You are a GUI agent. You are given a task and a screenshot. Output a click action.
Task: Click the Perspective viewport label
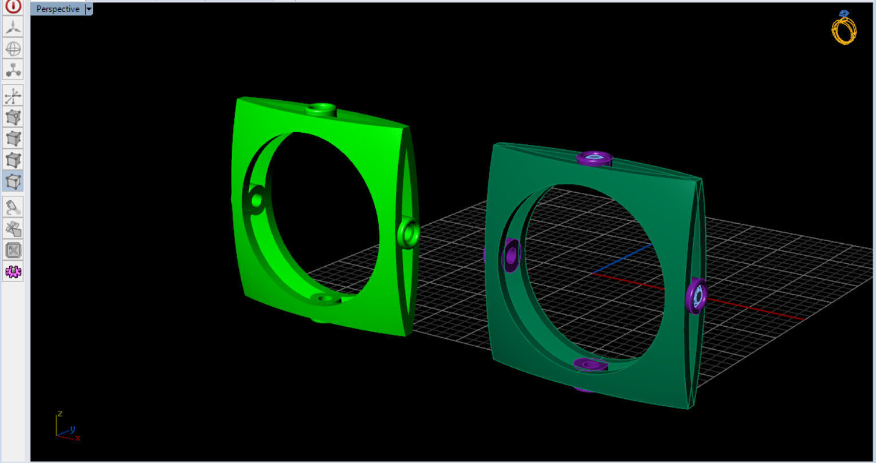(x=57, y=9)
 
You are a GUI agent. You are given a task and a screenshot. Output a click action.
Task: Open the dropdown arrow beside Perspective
(x=89, y=9)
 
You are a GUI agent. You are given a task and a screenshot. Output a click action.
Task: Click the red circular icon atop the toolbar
(x=13, y=6)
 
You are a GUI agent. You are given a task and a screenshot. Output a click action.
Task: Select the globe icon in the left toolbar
(x=13, y=49)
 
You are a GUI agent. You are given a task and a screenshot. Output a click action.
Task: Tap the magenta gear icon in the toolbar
(x=13, y=271)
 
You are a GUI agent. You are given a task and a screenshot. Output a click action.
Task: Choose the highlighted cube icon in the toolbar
(x=13, y=181)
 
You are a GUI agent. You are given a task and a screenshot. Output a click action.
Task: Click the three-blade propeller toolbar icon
(x=13, y=26)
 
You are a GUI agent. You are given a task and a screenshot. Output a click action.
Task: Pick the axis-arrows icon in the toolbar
(x=13, y=96)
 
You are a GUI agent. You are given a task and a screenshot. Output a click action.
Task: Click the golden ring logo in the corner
(x=844, y=27)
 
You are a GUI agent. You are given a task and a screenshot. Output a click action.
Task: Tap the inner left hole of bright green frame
(x=256, y=200)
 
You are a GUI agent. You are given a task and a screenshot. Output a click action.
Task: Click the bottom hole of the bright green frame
(x=325, y=299)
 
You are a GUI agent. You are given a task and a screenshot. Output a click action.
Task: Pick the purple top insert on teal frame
(x=594, y=157)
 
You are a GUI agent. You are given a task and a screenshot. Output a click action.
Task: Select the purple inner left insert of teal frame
(x=510, y=255)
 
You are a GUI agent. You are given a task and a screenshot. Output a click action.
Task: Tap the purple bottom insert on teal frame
(x=590, y=364)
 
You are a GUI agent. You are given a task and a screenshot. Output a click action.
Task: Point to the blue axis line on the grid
(x=624, y=258)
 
